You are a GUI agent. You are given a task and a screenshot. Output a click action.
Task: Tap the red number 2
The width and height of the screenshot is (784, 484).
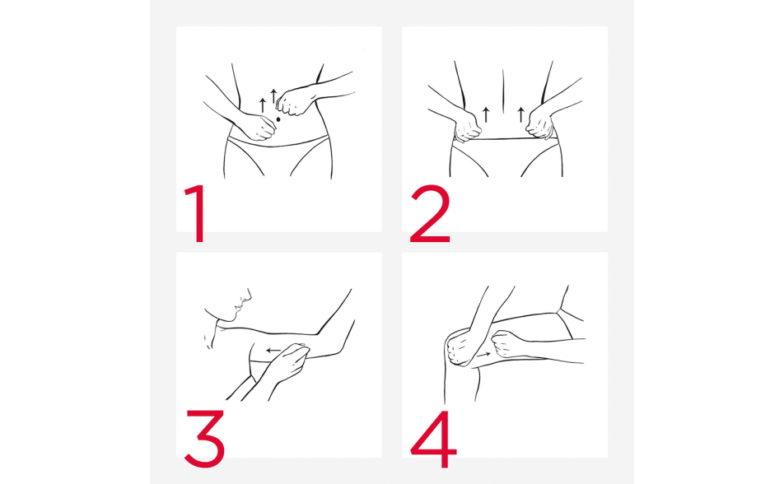(430, 213)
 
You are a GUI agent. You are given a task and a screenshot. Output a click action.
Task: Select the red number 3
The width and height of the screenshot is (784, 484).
(204, 439)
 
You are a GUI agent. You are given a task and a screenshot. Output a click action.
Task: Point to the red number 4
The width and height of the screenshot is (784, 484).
(433, 439)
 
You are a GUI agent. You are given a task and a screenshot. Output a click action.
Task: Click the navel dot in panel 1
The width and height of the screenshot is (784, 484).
(278, 119)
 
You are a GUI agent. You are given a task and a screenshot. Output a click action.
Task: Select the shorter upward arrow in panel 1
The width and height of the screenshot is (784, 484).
(263, 105)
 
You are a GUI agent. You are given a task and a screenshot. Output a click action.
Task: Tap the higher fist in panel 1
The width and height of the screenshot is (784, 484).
(292, 103)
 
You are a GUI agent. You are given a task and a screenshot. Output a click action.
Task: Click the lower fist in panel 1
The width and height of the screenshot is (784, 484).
(258, 127)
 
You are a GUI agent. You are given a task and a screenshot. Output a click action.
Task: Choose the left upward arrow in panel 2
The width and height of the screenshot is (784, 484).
(486, 114)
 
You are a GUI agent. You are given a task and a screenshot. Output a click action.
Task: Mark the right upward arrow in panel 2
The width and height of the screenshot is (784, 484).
(521, 114)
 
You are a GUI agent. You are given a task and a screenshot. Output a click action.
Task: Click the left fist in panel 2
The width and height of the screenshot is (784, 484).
(468, 127)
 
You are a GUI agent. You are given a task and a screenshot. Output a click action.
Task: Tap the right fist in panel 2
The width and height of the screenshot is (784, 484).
(540, 124)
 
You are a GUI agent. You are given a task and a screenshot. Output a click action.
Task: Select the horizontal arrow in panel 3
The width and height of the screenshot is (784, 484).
(273, 351)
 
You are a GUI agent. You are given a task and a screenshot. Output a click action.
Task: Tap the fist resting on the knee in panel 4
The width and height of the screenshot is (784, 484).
(459, 347)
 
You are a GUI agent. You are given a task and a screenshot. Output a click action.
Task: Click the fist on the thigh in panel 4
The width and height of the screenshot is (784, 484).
(506, 344)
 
